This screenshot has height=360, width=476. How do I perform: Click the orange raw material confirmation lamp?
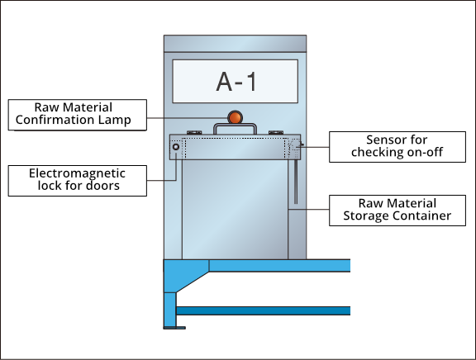pos(235,117)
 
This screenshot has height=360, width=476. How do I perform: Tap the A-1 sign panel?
pos(236,81)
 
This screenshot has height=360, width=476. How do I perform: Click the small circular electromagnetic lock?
pos(176,147)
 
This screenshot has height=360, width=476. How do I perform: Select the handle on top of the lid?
pos(235,128)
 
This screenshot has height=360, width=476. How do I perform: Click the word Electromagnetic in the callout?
pos(77,173)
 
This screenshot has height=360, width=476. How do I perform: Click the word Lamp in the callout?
pos(114,120)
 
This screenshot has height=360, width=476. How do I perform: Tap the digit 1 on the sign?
pos(251,81)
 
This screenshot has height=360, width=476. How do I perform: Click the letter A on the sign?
pos(224,81)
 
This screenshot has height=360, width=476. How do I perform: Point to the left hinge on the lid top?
pos(194,133)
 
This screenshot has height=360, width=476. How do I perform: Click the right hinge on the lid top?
pos(276,133)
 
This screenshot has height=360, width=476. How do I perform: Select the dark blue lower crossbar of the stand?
pos(263,310)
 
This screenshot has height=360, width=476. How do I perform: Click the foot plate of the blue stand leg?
pos(174,328)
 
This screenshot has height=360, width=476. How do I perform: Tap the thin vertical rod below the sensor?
pos(296,182)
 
